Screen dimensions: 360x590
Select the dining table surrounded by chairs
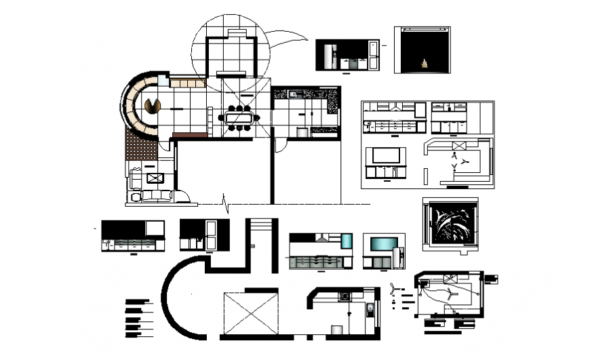coord(239,118)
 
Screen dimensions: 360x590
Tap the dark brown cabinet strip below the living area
coord(190,136)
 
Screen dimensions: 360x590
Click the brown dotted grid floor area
coord(141,146)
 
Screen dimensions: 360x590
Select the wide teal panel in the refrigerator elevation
coord(383,242)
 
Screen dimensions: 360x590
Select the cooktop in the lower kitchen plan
coord(345,296)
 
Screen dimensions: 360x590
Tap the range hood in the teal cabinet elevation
coord(320,238)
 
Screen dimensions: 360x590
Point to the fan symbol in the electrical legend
coord(395,291)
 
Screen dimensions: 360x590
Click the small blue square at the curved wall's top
coord(163,80)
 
